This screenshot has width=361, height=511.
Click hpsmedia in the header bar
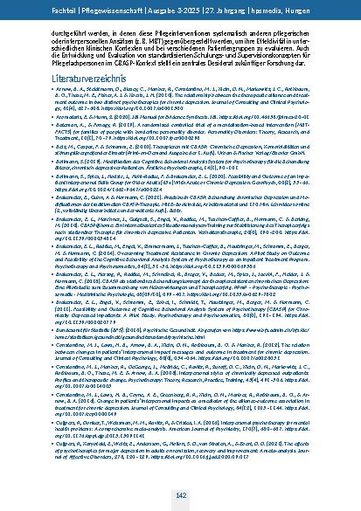pyautogui.click(x=272, y=9)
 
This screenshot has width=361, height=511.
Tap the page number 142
pyautogui.click(x=180, y=494)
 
